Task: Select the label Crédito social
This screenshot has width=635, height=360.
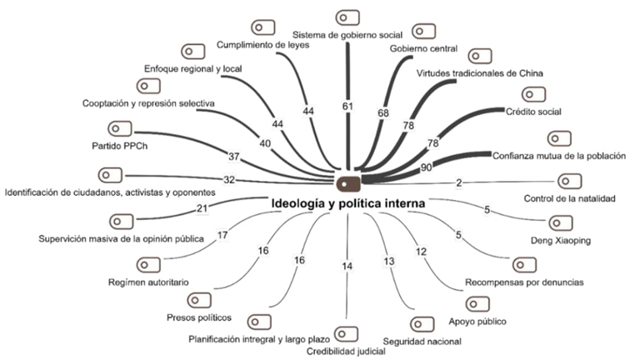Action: [x=533, y=111]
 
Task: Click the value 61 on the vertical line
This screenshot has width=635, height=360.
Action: [x=347, y=106]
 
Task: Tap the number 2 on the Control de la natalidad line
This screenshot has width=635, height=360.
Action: [x=458, y=182]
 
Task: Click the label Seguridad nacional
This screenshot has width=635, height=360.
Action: [x=414, y=341]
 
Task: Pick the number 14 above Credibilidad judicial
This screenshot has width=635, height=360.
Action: [x=347, y=265]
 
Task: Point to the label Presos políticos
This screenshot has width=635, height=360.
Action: [x=198, y=317]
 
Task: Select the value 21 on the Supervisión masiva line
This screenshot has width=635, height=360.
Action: [x=201, y=208]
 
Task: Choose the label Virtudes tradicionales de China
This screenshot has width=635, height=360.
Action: [x=480, y=73]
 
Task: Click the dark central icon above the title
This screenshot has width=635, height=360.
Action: [x=347, y=181]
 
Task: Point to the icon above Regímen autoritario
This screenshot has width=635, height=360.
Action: [x=148, y=265]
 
